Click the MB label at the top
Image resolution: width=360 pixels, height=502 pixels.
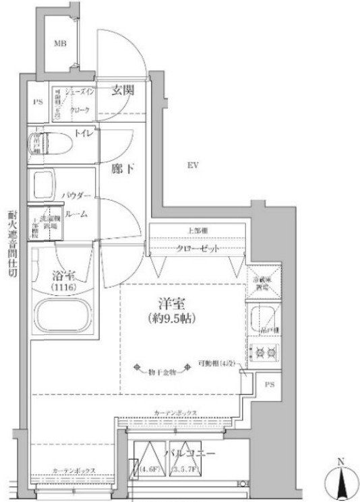click(x=61, y=45)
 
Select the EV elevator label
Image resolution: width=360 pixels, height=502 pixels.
click(x=192, y=164)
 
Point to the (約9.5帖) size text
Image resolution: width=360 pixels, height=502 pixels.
click(x=170, y=317)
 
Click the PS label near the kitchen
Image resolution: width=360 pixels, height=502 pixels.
click(x=269, y=385)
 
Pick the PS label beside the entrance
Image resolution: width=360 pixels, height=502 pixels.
click(x=38, y=102)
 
